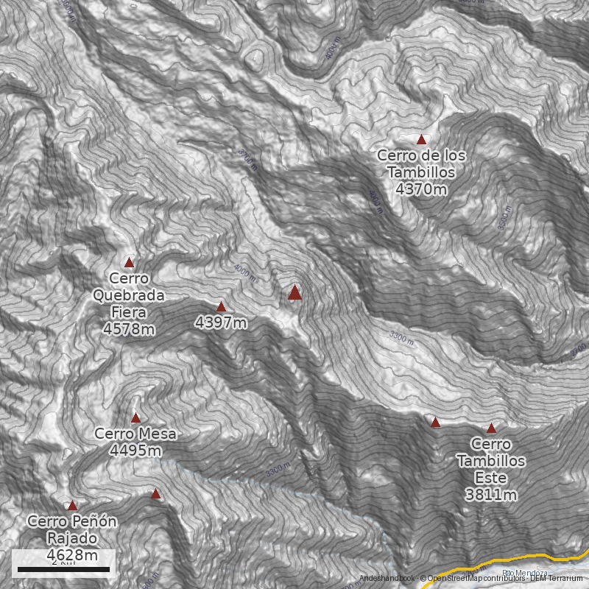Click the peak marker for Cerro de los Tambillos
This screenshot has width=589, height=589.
click(422, 139)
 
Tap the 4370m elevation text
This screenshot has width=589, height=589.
click(421, 189)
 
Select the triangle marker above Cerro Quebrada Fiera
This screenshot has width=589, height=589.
click(130, 262)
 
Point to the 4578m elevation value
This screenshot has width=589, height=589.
click(130, 328)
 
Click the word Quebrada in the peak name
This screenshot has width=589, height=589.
click(129, 295)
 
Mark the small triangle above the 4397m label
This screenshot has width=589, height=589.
click(221, 306)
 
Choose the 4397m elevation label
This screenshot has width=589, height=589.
click(221, 322)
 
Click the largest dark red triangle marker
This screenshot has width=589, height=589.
click(294, 292)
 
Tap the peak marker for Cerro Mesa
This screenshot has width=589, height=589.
click(135, 417)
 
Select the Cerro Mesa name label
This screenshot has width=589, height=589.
click(135, 434)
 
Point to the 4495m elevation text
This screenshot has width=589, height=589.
click(135, 450)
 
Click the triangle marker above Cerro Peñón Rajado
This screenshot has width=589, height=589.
click(72, 506)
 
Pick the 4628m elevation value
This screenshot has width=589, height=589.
click(72, 554)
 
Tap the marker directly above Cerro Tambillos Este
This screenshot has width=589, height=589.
click(491, 428)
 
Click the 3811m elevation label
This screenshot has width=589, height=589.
click(491, 494)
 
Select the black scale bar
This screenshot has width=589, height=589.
click(63, 569)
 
